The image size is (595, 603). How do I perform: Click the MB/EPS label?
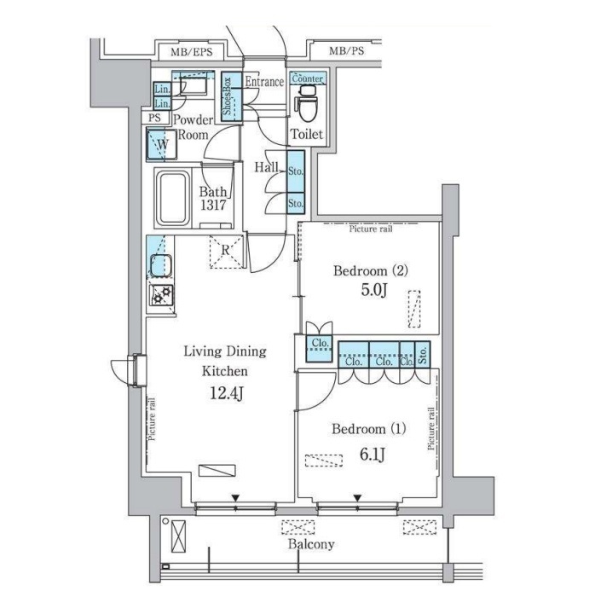tap(192, 52)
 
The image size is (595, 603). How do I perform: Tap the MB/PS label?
tap(346, 51)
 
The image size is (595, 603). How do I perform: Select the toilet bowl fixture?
tap(307, 103)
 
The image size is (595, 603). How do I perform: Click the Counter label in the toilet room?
tap(308, 78)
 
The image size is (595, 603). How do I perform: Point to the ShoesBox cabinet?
tap(231, 96)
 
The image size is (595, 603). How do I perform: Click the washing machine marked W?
tap(161, 145)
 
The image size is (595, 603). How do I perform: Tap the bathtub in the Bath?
tap(173, 199)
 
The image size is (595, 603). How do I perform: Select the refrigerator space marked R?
tap(226, 252)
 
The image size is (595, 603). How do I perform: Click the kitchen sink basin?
tap(160, 265)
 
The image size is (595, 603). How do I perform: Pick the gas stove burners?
tap(162, 295)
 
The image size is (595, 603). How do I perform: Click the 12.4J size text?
tap(227, 393)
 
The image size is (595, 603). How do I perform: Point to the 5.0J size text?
tap(373, 290)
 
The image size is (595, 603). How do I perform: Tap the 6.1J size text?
tap(372, 455)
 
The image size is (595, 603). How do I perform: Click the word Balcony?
tap(311, 544)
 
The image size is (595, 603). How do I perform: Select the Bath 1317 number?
tap(213, 205)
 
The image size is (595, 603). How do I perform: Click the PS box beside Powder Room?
tap(155, 118)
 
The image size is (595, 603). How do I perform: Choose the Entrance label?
tap(264, 82)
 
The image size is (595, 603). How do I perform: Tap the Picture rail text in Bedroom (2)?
tap(371, 229)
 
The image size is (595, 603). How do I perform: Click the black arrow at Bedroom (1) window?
tap(358, 498)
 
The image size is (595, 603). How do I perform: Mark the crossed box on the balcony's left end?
tap(178, 536)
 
